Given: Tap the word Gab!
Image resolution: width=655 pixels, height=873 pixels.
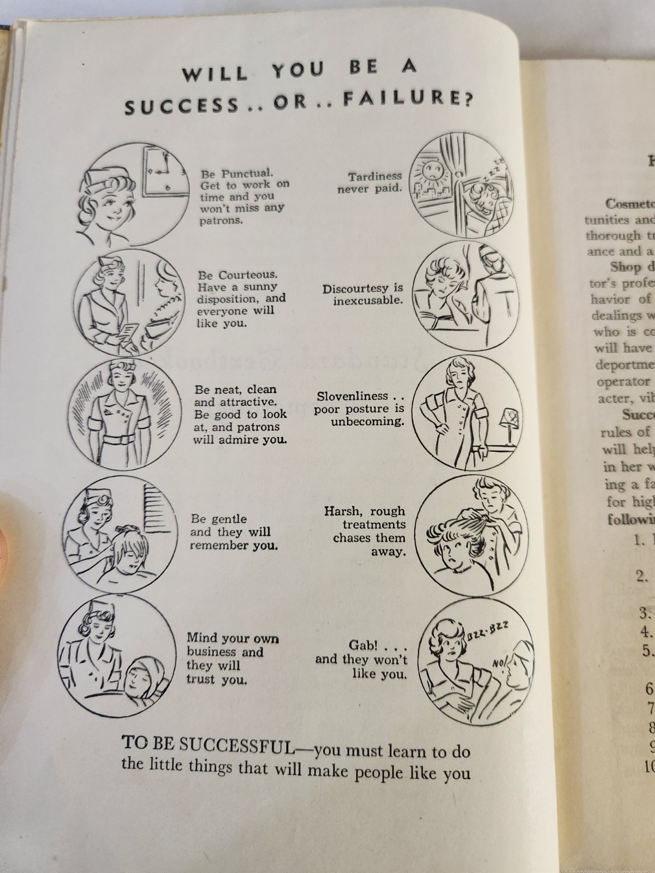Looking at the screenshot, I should coord(363,645).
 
